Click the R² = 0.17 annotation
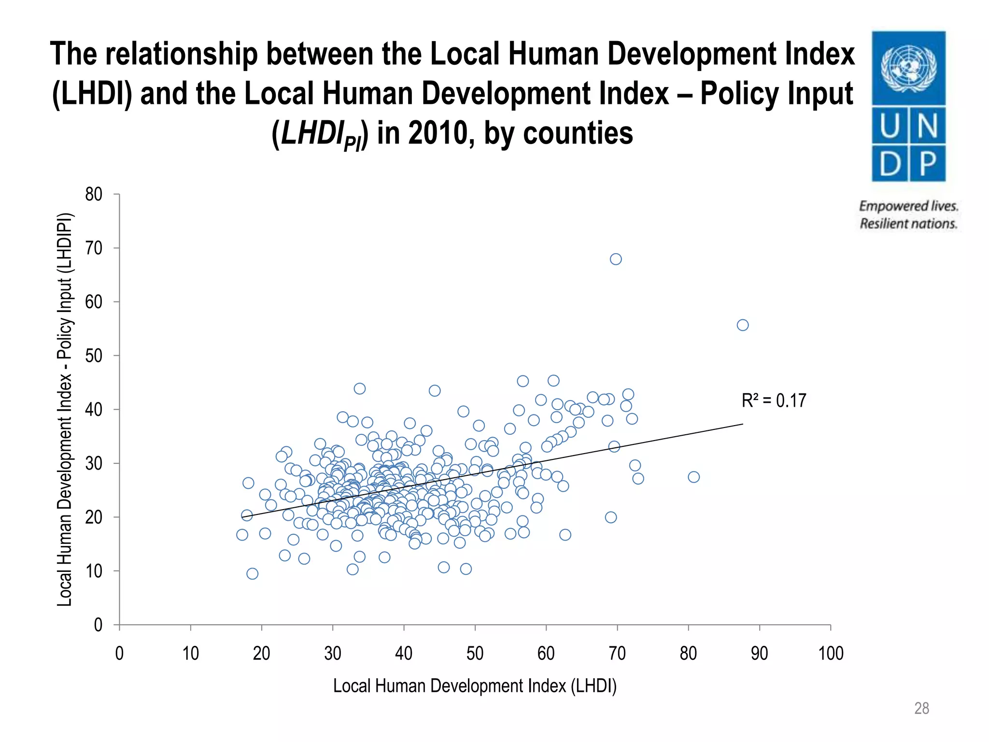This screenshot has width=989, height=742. (774, 400)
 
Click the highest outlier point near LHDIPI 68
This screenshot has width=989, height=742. (616, 259)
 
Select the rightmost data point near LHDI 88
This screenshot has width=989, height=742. (743, 325)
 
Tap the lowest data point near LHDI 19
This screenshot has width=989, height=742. (252, 573)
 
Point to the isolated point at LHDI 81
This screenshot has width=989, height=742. (693, 477)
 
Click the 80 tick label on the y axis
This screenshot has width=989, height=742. (94, 194)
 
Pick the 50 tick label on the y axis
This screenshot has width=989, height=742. (94, 356)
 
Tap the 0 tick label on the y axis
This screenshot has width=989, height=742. (98, 625)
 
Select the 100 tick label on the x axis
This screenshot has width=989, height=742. (831, 654)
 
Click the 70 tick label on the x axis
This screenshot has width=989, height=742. (617, 654)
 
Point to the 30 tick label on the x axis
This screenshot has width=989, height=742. (333, 654)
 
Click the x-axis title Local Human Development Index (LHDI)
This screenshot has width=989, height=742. (475, 686)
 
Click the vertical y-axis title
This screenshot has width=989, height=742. (65, 409)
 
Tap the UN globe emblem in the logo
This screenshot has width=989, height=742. (908, 68)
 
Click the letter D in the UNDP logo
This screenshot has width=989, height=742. (890, 164)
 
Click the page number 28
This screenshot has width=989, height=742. (921, 708)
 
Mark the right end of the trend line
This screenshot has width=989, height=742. (742, 424)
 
